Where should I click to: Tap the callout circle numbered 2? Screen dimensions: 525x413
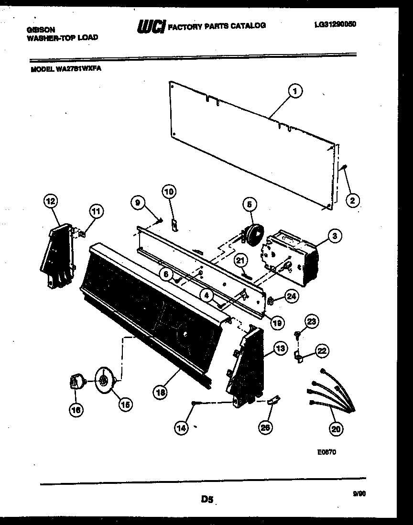352,201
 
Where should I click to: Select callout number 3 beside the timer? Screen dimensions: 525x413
335,235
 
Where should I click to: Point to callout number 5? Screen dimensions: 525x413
249,205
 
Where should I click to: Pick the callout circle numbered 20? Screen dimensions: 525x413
337,429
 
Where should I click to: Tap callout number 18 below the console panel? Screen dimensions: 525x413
161,392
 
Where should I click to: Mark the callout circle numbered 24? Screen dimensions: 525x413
291,296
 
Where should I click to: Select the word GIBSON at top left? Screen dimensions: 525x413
41,30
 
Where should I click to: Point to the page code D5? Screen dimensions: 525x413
206,500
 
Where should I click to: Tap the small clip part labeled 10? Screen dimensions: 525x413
175,224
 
